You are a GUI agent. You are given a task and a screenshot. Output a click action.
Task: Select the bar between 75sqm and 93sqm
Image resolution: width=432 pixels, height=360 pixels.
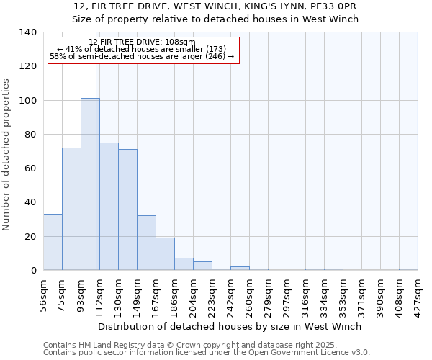click(71, 209)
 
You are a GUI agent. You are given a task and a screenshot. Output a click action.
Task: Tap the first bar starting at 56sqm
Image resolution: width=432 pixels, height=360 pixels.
click(53, 242)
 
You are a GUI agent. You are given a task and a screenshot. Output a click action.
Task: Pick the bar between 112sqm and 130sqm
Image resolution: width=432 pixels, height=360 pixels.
click(109, 207)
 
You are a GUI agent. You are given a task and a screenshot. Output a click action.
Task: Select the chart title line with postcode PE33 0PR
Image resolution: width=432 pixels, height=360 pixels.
click(215, 6)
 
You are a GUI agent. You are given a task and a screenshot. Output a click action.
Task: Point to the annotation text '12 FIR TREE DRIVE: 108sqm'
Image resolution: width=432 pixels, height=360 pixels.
click(142, 42)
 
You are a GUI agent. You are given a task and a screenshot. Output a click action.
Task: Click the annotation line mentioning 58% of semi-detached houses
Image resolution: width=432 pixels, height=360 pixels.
click(142, 56)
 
